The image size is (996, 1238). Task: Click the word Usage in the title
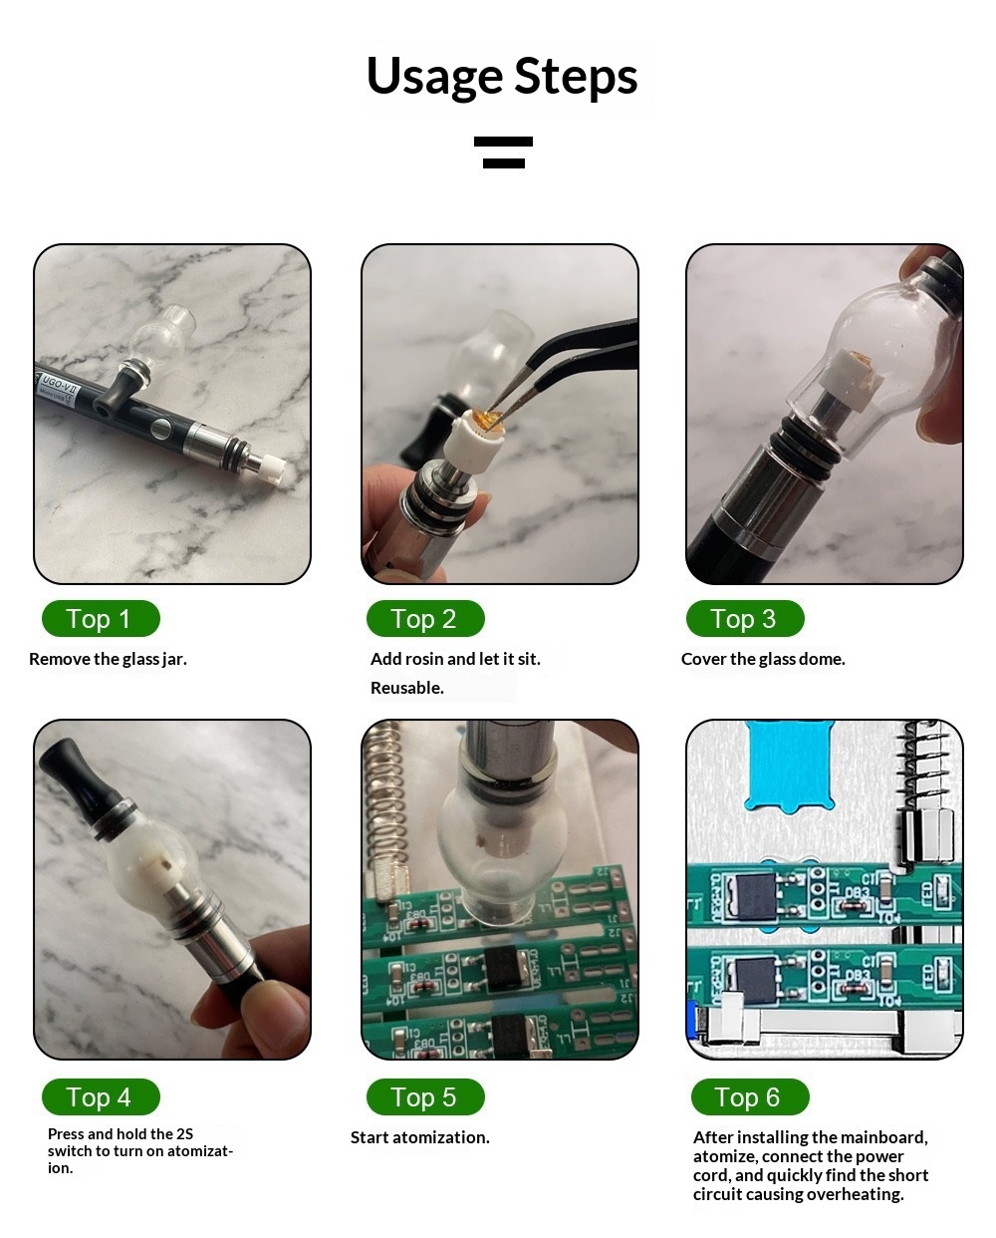coord(434,77)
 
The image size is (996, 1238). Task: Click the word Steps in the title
coord(576,77)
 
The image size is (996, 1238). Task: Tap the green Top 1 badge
coord(101,618)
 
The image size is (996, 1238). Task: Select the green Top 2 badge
coord(425,618)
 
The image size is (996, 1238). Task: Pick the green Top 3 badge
coord(745,618)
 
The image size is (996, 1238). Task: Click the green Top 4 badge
coord(101,1097)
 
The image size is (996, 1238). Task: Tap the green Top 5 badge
coord(425,1097)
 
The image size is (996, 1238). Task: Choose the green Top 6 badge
coord(750,1097)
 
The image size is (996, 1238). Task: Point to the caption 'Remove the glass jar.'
coord(109,659)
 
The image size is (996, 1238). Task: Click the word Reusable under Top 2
coord(407,688)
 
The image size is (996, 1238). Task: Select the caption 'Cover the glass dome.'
coord(763,659)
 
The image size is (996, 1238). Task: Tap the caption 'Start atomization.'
coord(420,1138)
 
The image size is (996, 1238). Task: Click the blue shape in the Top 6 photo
coord(790,766)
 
